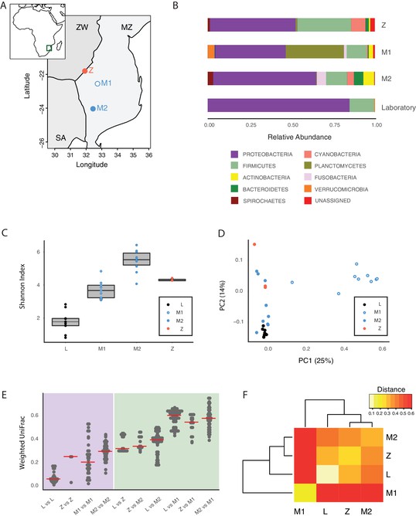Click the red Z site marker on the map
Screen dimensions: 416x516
click(x=84, y=71)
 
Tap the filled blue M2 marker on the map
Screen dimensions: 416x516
click(x=93, y=109)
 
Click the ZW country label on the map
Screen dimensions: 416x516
click(x=82, y=27)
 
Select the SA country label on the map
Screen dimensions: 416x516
click(x=60, y=137)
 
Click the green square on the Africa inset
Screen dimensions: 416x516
click(x=49, y=48)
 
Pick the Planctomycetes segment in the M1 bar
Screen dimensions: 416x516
click(x=315, y=52)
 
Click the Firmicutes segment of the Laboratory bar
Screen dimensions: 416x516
click(x=362, y=105)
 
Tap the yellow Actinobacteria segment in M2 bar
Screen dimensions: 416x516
click(x=369, y=79)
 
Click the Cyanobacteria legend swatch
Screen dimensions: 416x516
click(x=308, y=154)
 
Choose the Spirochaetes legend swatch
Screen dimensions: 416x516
click(x=234, y=201)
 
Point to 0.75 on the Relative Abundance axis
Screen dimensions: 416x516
click(x=335, y=125)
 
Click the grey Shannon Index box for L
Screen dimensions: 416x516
click(x=66, y=322)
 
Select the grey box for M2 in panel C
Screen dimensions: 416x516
click(x=137, y=259)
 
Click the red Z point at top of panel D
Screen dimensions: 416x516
click(x=254, y=244)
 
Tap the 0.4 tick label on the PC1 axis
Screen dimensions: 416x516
click(x=344, y=349)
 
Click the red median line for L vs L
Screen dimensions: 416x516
click(x=53, y=479)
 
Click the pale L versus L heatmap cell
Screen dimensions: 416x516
click(x=328, y=474)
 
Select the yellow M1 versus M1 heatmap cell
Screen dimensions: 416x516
click(x=305, y=493)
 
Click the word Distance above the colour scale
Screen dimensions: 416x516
click(x=391, y=389)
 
